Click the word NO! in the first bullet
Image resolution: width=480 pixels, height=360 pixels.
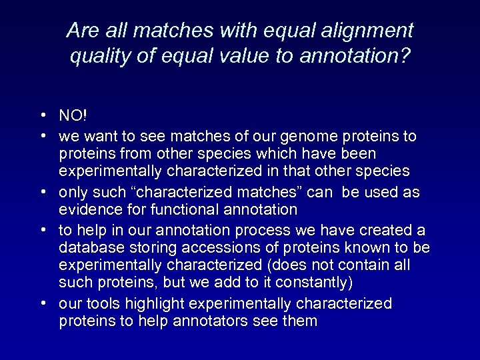click(73, 116)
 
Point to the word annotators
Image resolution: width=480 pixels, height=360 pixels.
click(229, 321)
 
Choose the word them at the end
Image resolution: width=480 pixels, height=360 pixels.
click(301, 321)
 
